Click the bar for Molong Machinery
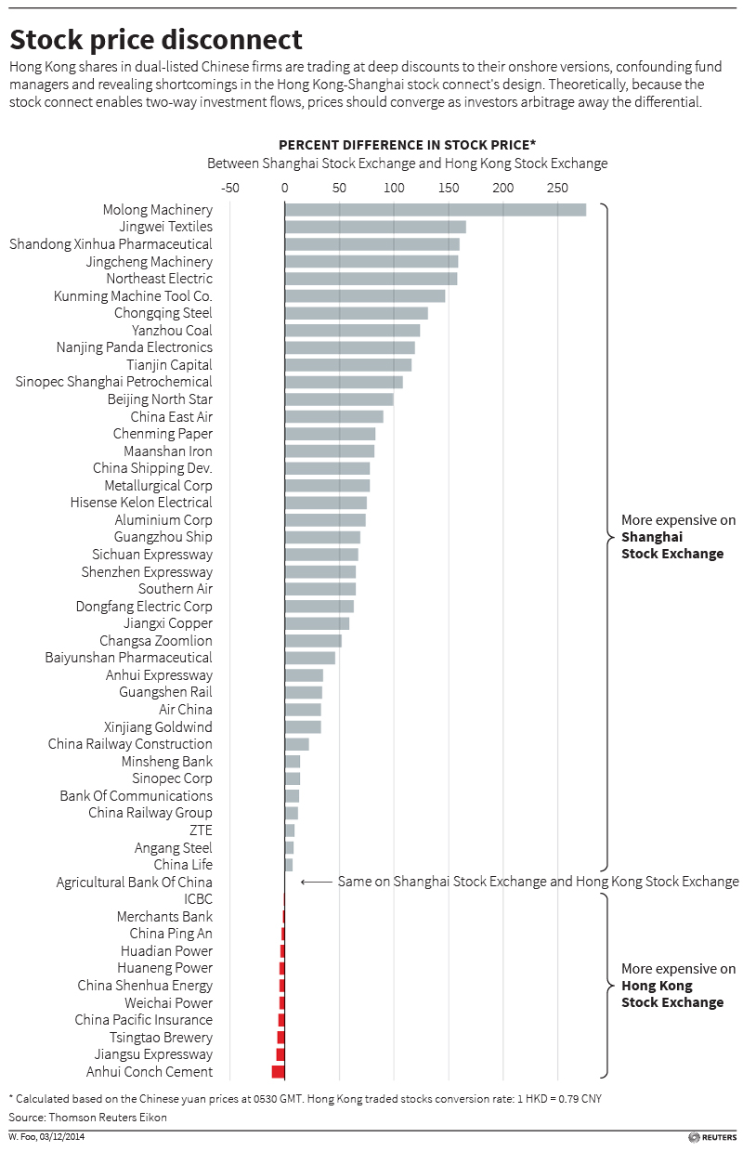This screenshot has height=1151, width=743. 435,210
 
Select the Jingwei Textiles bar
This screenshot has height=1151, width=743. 374,227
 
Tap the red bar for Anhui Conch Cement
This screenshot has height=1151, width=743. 278,1072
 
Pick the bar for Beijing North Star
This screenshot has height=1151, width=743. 338,399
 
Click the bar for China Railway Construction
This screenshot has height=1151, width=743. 296,744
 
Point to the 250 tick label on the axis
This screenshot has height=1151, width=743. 557,188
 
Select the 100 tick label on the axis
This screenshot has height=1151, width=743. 394,188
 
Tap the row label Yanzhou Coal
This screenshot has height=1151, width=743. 172,331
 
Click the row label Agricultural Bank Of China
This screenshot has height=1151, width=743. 135,883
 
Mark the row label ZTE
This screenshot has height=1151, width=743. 201,831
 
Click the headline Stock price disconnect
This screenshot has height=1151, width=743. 156,40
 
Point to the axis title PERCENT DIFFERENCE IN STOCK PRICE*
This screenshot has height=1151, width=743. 408,144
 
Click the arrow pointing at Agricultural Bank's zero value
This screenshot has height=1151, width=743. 316,882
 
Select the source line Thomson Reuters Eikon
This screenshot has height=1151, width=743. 88,1118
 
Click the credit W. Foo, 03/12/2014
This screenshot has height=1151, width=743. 46,1137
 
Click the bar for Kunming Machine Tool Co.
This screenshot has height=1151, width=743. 364,296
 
